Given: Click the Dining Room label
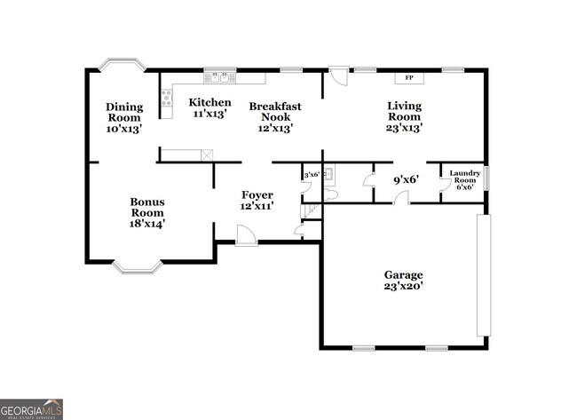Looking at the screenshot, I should (124, 117).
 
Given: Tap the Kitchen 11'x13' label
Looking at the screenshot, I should (210, 107).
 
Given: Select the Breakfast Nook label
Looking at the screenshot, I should (275, 117).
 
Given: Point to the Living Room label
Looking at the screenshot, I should (404, 117).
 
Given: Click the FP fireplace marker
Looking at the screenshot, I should (409, 78).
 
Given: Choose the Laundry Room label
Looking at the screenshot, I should (465, 179).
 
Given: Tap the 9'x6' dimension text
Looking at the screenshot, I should (406, 179).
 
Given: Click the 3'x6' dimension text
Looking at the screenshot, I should (312, 176).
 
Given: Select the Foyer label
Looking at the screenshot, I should (257, 200).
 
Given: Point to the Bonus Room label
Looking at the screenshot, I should (147, 213).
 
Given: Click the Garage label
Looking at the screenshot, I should (403, 281).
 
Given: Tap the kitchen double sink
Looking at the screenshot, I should (218, 77).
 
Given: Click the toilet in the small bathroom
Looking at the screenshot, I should (330, 194).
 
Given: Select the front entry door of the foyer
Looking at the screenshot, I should (246, 235).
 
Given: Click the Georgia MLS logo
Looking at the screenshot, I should (31, 408).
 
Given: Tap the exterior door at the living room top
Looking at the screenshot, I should (338, 76).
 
